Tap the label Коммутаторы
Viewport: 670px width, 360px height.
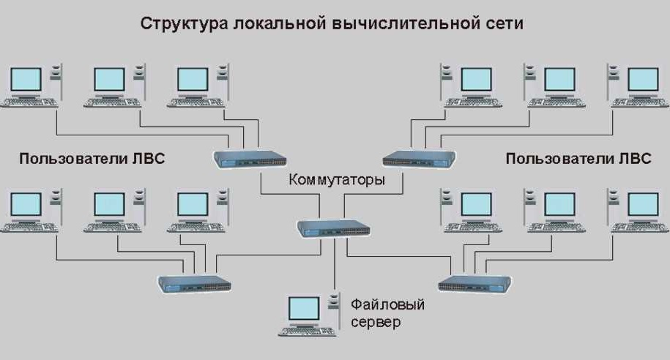336,180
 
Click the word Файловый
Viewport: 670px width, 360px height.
387,304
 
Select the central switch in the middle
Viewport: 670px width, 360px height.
334,228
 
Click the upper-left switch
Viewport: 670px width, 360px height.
250,158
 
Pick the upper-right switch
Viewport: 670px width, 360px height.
419,158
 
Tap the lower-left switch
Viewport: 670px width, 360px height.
196,283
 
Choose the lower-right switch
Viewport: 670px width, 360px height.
474,282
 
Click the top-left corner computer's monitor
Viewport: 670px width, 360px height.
26,79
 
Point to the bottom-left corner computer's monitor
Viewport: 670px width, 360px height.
26,204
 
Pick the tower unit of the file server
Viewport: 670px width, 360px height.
334,307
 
